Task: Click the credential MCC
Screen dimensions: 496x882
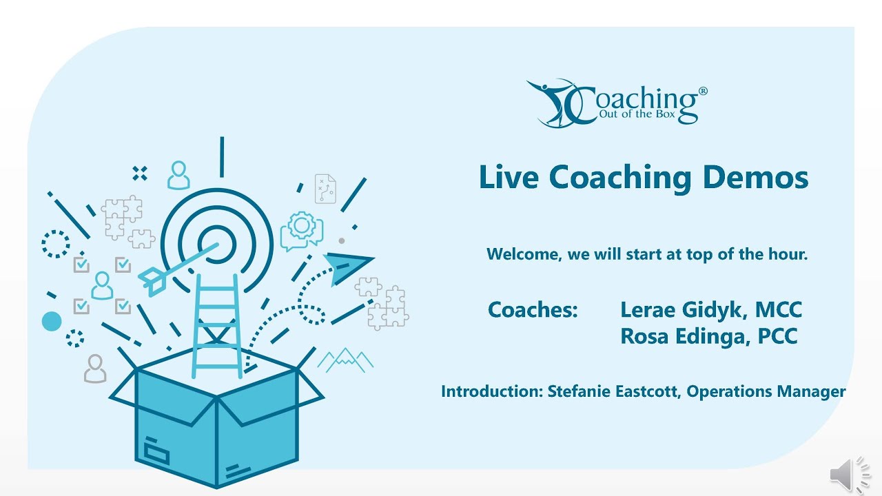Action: [x=779, y=310]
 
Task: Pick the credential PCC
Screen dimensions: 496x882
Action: [x=777, y=336]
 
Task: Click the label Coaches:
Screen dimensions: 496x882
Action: [x=533, y=310]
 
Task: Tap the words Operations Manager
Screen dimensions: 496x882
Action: [x=766, y=392]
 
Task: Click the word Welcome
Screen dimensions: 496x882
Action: [x=524, y=254]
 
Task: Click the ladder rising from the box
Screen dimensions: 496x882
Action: [x=216, y=324]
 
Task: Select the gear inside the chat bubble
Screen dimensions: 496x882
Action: [x=302, y=226]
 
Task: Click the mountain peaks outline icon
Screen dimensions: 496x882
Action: [x=345, y=359]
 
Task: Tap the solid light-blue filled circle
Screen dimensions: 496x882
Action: [x=52, y=321]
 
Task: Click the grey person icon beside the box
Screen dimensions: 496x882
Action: [x=95, y=369]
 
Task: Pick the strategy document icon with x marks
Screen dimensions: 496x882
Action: [x=325, y=189]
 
